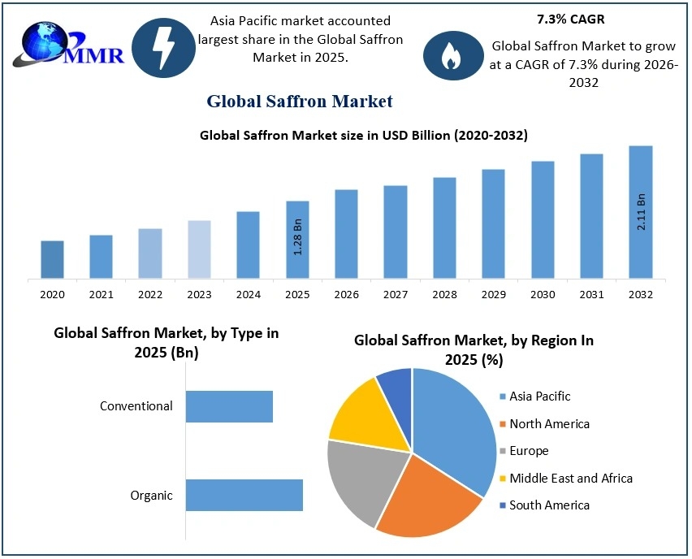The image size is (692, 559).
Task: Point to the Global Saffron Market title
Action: pos(300,101)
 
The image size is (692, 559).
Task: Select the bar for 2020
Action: pos(52,259)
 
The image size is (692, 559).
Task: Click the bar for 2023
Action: pos(199,249)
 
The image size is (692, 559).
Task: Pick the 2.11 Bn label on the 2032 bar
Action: pos(641,212)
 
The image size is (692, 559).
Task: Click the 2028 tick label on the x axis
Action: pos(444,294)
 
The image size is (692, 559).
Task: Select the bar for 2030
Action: pos(543,219)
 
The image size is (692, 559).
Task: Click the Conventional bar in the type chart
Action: pos(229,406)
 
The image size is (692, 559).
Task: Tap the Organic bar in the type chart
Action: pos(244,495)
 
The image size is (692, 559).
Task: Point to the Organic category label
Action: pos(152,496)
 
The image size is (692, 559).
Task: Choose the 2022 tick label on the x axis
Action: pos(150,294)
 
